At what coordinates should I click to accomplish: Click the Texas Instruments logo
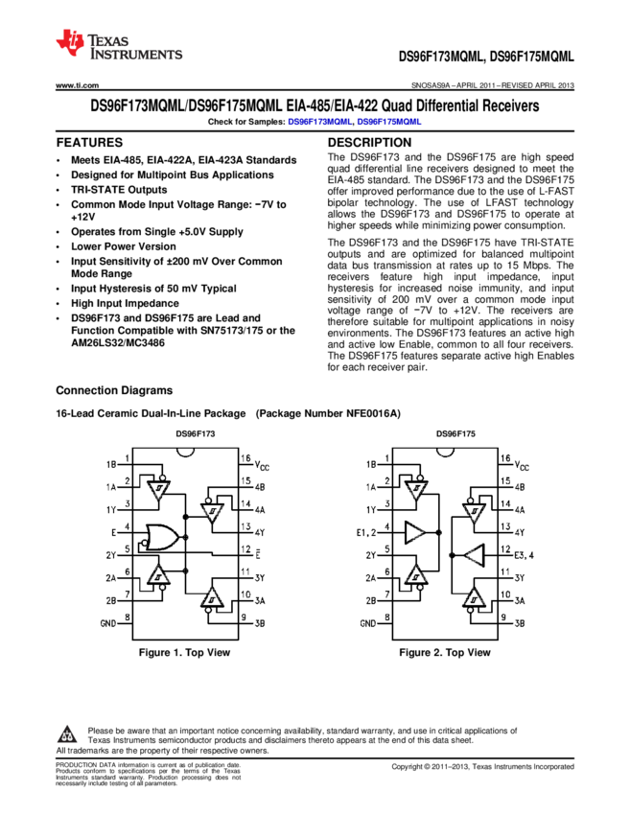pyautogui.click(x=117, y=45)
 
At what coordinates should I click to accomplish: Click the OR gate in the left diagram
pyautogui.click(x=159, y=537)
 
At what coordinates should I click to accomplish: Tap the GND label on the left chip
pyautogui.click(x=108, y=622)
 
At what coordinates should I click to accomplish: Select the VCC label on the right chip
pyautogui.click(x=522, y=464)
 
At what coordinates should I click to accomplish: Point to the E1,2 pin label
pyautogui.click(x=368, y=531)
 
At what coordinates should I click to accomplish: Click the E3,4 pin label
pyautogui.click(x=523, y=555)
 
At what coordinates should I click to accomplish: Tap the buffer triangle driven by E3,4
pyautogui.click(x=475, y=555)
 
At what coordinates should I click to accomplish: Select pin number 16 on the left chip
pyautogui.click(x=246, y=458)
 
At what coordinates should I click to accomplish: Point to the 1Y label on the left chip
pyautogui.click(x=111, y=510)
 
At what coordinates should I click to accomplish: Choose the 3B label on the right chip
pyautogui.click(x=520, y=623)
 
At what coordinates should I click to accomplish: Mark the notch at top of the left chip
pyautogui.click(x=185, y=449)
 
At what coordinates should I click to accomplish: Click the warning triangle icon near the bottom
pyautogui.click(x=67, y=735)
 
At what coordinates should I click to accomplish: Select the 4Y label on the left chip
pyautogui.click(x=260, y=532)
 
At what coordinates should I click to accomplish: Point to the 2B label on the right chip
pyautogui.click(x=370, y=600)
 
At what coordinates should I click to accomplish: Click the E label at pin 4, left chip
pyautogui.click(x=114, y=531)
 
